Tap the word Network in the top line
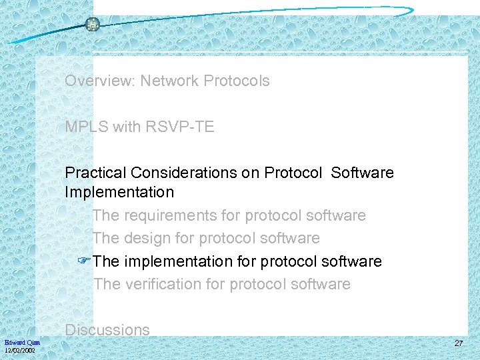coord(169,81)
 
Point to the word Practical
coord(95,173)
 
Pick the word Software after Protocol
coord(362,173)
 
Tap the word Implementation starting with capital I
coord(119,193)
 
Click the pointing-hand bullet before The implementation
coord(85,261)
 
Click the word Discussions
coord(107,330)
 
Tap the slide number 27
coord(458,343)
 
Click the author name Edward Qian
coord(22,342)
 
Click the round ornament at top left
coord(93,25)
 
